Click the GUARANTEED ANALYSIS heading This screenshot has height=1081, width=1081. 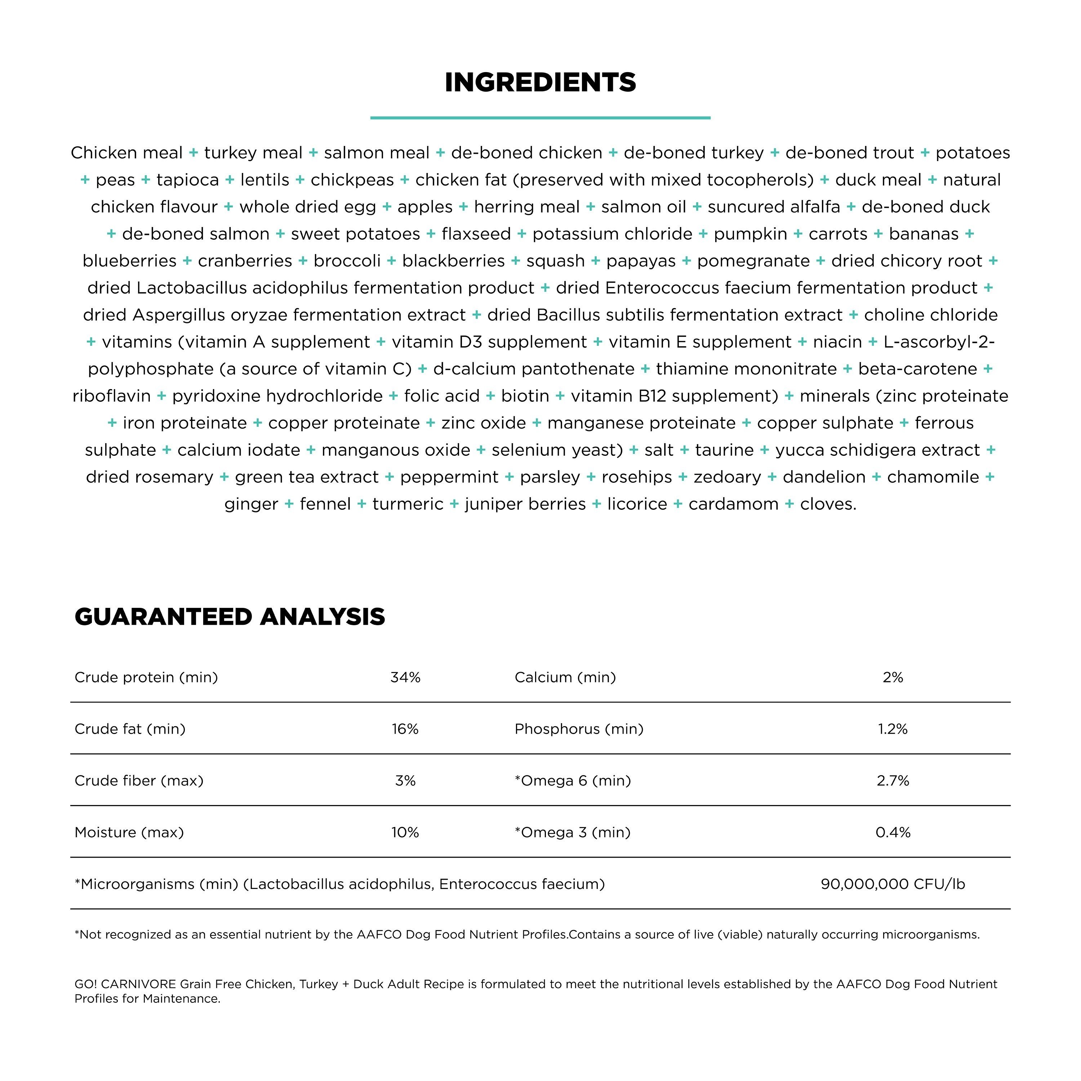click(x=230, y=617)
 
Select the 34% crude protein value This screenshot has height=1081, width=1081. click(x=405, y=677)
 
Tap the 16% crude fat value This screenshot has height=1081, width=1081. click(x=405, y=729)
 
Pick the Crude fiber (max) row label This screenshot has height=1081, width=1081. click(x=139, y=780)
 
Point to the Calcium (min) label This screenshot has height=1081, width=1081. click(x=565, y=677)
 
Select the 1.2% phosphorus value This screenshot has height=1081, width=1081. click(x=893, y=729)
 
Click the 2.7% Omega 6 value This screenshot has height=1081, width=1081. click(x=893, y=780)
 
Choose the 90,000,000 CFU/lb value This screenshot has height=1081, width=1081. click(x=893, y=884)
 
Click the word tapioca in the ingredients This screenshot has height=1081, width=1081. click(x=187, y=180)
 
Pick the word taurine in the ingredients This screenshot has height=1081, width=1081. click(x=724, y=450)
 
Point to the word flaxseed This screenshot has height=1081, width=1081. click(x=476, y=234)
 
